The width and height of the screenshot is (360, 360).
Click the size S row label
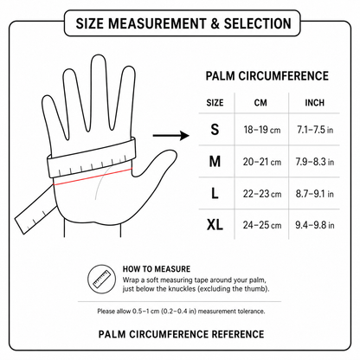point(215,129)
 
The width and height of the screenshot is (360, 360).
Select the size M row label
point(215,161)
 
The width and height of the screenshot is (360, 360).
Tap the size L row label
point(215,193)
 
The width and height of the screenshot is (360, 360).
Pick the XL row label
point(215,224)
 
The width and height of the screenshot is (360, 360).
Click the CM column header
point(260,103)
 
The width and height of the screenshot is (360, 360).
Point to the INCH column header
point(315,103)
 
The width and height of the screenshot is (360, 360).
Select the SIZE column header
point(215,103)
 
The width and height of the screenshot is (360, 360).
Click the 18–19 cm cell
point(262,130)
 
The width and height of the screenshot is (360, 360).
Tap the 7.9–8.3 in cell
point(315,162)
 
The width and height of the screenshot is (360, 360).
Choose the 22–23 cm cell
point(262,194)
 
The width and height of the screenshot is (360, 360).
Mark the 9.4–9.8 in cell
point(315,225)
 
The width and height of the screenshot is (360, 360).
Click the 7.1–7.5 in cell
point(315,130)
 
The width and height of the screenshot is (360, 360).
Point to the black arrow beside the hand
point(170,135)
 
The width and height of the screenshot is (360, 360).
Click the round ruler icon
point(102,280)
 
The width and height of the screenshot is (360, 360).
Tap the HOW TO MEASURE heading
point(157,269)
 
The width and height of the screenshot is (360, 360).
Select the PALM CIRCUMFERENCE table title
point(267,76)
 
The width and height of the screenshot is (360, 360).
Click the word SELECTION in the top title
point(258,23)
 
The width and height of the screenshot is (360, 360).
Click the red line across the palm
point(93,177)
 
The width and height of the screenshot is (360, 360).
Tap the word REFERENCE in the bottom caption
point(238,334)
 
